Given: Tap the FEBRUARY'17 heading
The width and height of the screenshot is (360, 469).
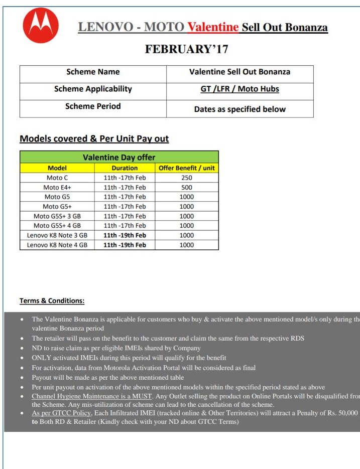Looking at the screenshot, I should (187, 49).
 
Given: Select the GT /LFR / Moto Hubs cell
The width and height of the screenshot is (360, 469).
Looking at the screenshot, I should (239, 89).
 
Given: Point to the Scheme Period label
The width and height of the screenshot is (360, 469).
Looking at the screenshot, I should (93, 106).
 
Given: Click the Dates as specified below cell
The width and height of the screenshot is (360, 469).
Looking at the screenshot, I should (239, 109).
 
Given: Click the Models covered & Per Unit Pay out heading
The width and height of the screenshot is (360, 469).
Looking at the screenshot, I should (94, 139).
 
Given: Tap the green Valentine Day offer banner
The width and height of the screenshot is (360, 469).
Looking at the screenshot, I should (119, 157).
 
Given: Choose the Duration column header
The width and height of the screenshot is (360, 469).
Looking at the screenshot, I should (125, 168).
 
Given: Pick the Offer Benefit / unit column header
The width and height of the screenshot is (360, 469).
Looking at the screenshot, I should (186, 168).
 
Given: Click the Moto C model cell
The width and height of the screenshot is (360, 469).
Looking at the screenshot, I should (57, 178).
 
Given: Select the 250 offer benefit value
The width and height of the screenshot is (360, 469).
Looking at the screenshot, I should (186, 178).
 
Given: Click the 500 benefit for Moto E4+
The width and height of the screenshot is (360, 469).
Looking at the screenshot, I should (186, 187).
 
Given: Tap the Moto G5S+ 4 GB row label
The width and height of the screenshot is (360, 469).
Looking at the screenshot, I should (57, 225).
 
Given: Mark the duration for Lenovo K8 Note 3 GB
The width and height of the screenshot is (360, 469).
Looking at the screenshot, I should (125, 235).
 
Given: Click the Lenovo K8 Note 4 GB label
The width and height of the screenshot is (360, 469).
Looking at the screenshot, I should (57, 245).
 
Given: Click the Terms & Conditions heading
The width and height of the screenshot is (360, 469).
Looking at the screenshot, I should (52, 301).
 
